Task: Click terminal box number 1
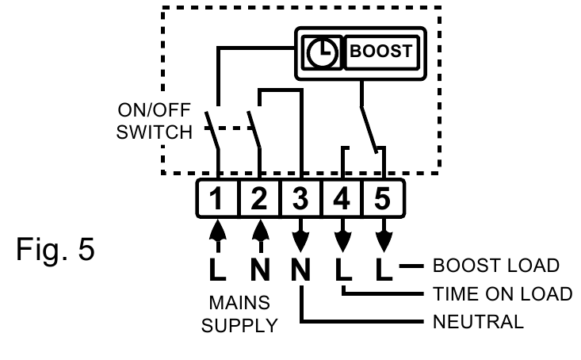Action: pos(218,198)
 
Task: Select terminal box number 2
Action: pos(259,198)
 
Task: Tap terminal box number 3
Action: pos(300,198)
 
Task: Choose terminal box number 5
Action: pos(383,198)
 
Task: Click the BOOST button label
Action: pos(381,52)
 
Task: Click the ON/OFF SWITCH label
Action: pos(154,121)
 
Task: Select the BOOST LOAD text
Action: pos(497,265)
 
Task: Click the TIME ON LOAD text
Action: pos(502,294)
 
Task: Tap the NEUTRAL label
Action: pos(477,322)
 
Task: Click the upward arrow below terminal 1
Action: pos(218,235)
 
